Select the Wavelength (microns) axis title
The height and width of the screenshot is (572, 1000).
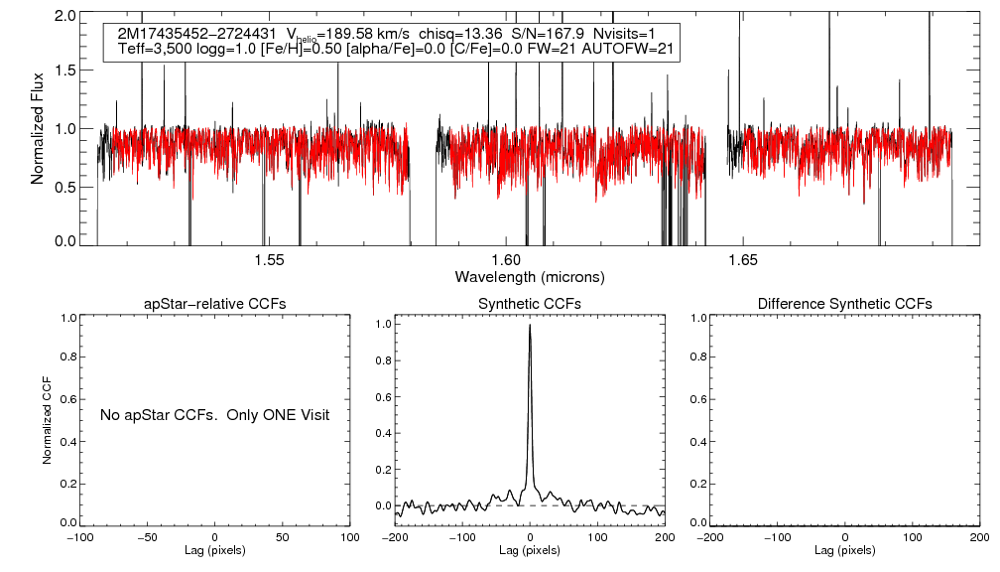point(530,276)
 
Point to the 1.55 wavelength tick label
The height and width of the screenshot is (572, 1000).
point(269,260)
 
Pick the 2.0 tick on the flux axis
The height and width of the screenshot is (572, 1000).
point(65,17)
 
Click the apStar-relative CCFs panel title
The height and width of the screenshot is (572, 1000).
point(216,303)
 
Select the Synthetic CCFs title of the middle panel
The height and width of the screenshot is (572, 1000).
point(530,303)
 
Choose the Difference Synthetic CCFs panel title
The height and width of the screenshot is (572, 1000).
point(844,303)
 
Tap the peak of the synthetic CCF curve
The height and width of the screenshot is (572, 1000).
point(530,325)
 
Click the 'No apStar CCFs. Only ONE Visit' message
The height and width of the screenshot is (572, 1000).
point(214,414)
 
